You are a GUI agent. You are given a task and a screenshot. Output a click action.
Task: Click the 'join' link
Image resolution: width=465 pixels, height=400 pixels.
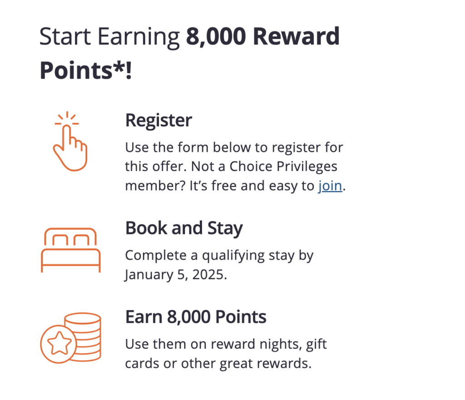pyautogui.click(x=330, y=186)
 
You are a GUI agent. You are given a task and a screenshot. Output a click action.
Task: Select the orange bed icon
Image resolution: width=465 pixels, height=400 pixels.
pyautogui.click(x=70, y=250)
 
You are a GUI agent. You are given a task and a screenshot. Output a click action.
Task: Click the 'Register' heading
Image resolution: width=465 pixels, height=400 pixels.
pyautogui.click(x=158, y=121)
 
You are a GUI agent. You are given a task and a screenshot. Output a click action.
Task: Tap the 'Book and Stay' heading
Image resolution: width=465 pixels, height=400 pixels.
pyautogui.click(x=184, y=228)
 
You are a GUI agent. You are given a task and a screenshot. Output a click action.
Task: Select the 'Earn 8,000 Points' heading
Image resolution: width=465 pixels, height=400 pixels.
pyautogui.click(x=196, y=317)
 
